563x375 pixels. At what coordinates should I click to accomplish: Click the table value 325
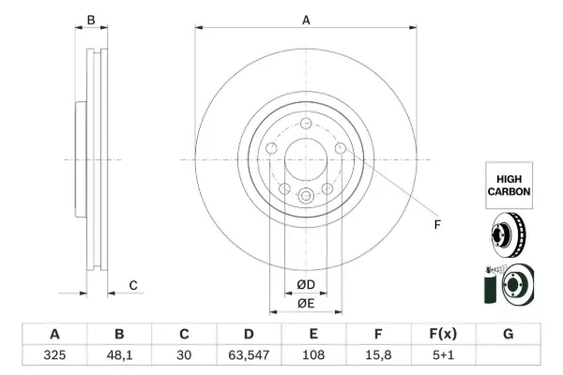[54, 355]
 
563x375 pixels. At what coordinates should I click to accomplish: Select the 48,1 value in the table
[119, 355]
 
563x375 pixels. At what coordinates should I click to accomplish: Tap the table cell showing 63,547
[249, 355]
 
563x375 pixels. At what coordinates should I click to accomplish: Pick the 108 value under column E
[313, 355]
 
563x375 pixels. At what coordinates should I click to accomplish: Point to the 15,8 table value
[378, 355]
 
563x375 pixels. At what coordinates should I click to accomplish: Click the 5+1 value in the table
[443, 355]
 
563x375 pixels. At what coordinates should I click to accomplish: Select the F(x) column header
[443, 334]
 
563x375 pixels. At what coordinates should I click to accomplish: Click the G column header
[508, 334]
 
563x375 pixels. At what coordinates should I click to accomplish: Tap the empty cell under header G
[508, 355]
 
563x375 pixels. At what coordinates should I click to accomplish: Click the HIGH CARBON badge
[509, 186]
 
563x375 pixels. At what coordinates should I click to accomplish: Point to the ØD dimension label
[306, 285]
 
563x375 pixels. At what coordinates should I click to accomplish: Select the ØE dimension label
[306, 304]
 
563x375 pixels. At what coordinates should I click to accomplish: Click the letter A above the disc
[306, 20]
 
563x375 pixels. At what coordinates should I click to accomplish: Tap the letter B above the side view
[91, 20]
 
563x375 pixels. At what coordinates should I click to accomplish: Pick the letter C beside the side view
[133, 286]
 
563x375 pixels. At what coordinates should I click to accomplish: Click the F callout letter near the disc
[437, 225]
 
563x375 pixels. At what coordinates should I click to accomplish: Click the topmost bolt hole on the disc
[306, 123]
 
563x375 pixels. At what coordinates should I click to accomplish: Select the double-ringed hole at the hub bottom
[306, 196]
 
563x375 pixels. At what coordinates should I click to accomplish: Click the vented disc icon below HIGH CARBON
[508, 235]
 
